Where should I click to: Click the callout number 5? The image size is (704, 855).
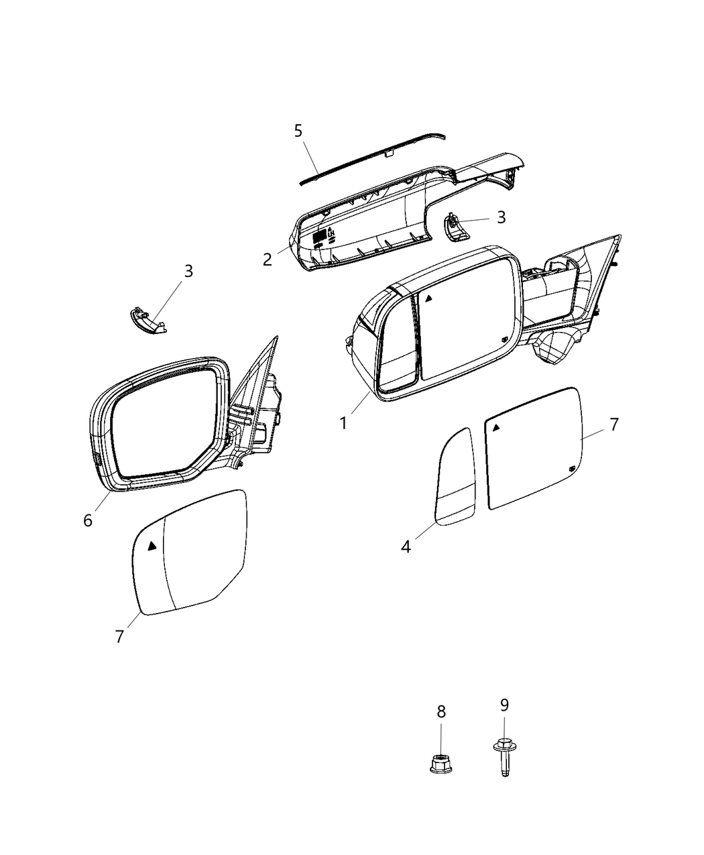(298, 130)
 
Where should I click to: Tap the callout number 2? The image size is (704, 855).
(268, 259)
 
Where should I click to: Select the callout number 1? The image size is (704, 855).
(343, 423)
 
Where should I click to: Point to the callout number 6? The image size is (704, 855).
(88, 520)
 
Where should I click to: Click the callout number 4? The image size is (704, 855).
(406, 547)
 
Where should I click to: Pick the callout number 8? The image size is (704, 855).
(441, 711)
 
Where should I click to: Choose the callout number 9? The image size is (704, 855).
(504, 705)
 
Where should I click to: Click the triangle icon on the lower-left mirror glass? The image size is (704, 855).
(153, 545)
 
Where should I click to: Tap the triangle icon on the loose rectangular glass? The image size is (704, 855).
(496, 427)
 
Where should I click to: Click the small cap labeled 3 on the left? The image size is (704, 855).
(147, 319)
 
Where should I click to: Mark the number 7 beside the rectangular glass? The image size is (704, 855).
(613, 424)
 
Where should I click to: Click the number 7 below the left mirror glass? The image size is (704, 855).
(119, 636)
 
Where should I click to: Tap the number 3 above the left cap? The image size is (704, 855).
(188, 271)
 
